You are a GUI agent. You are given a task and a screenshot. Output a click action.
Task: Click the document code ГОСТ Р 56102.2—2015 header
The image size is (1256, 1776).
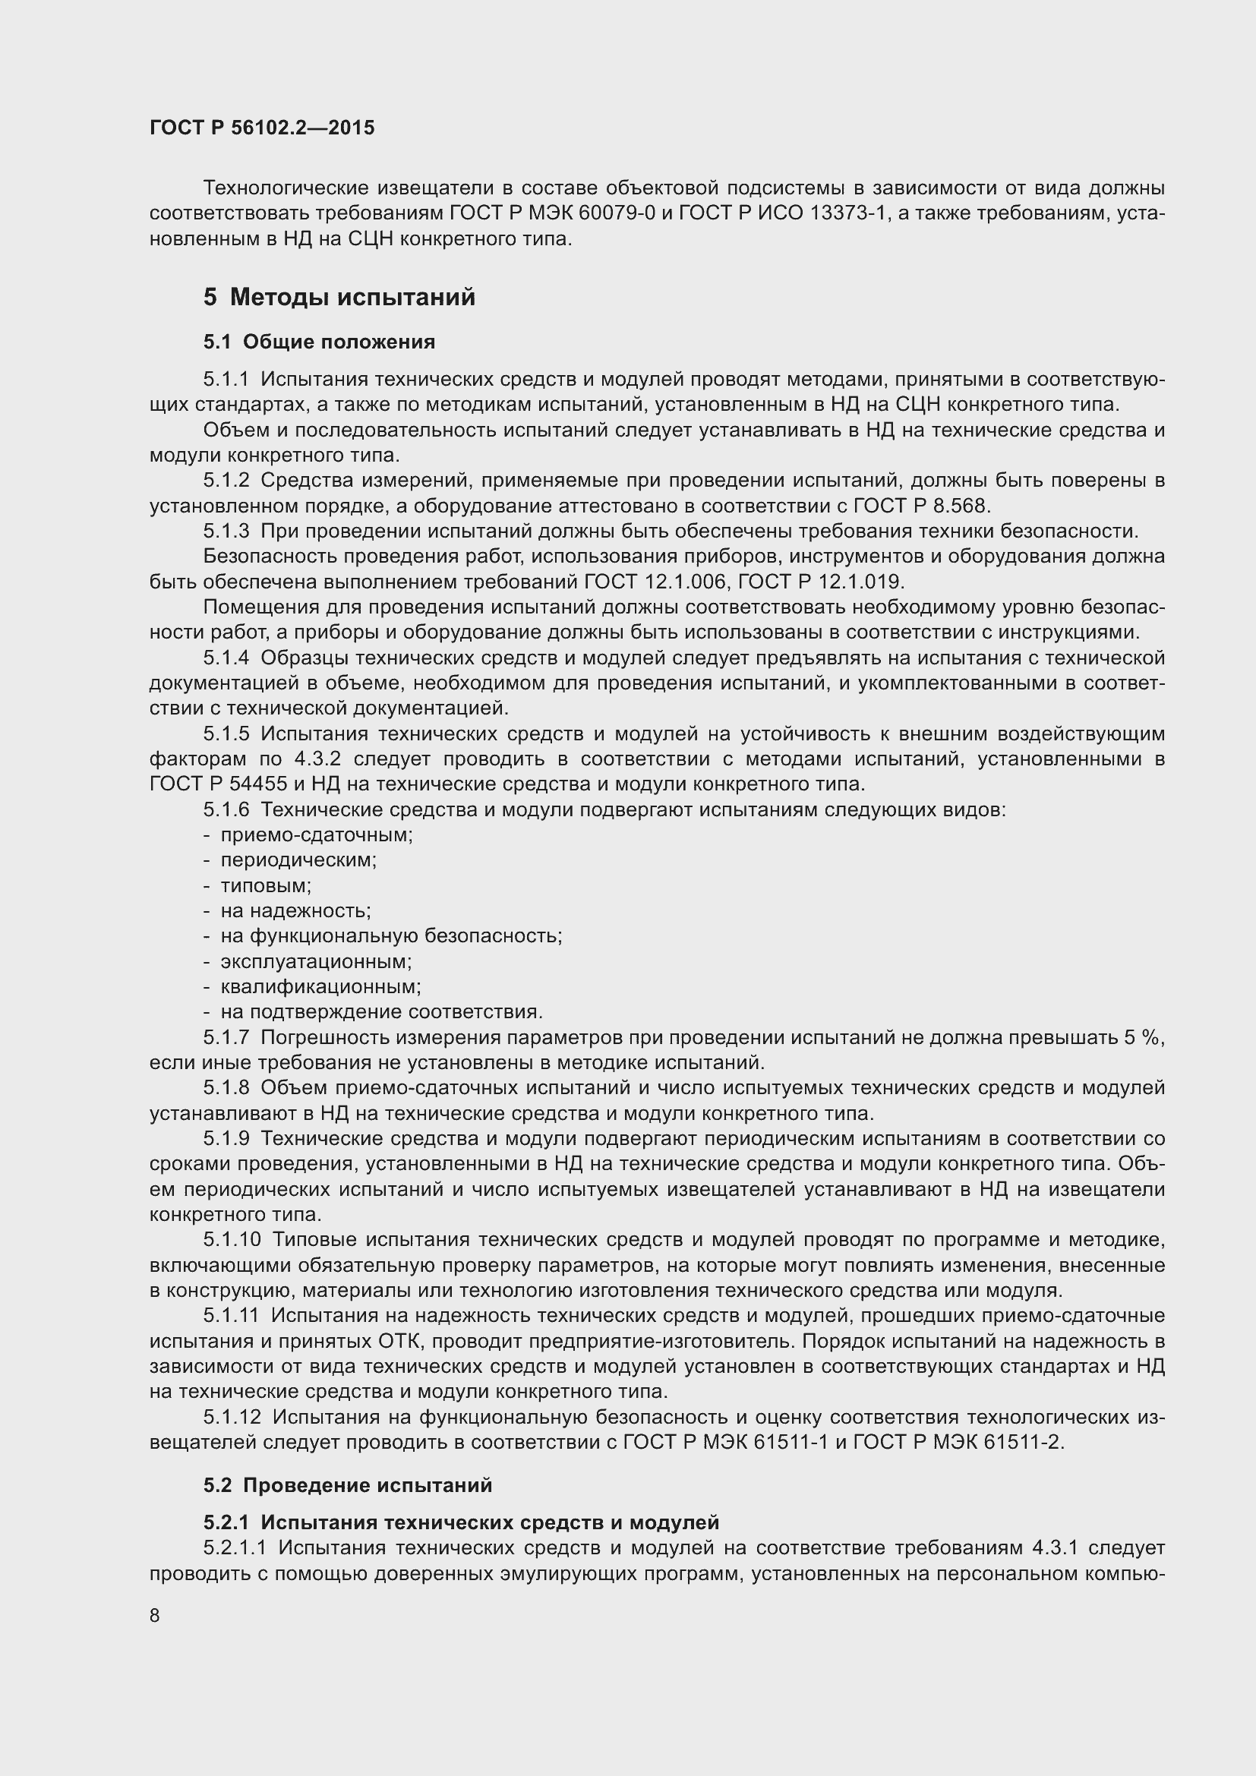click(x=262, y=128)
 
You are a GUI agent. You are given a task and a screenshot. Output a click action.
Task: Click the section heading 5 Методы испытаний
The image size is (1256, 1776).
click(x=339, y=297)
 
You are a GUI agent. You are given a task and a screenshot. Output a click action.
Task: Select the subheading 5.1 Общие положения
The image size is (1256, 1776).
click(x=320, y=342)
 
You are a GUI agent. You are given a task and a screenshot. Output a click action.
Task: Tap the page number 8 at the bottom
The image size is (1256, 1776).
click(x=155, y=1616)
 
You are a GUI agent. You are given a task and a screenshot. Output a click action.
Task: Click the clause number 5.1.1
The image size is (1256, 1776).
click(x=226, y=379)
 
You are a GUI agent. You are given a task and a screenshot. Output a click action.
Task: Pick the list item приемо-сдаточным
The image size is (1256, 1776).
click(x=317, y=835)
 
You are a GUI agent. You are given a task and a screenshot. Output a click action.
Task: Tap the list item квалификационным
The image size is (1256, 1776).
click(x=320, y=987)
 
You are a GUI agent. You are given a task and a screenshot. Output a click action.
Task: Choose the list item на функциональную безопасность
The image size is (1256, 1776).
click(x=391, y=936)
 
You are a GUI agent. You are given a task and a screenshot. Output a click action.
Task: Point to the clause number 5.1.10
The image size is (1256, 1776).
click(x=233, y=1240)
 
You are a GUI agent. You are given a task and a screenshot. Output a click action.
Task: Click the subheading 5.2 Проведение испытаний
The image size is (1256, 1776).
click(x=348, y=1485)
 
